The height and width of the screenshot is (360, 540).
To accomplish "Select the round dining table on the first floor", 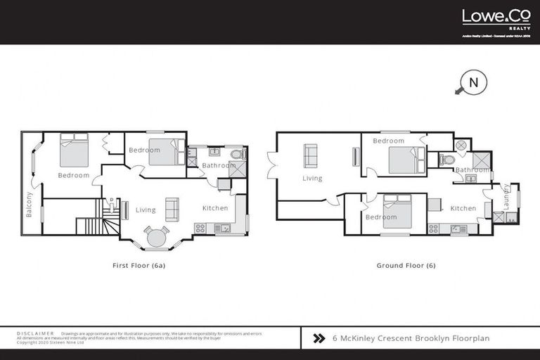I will [156, 238].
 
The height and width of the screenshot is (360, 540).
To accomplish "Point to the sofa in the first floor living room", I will [171, 209].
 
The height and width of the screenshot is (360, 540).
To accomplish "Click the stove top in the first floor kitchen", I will [200, 228].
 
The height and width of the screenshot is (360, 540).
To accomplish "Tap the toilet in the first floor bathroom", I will [237, 153].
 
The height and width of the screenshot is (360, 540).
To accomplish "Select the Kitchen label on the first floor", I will [215, 209].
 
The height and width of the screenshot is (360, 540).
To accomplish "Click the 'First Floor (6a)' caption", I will [139, 266].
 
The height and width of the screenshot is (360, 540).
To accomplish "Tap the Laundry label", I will [506, 198].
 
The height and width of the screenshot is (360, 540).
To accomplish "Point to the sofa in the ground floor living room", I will [310, 154].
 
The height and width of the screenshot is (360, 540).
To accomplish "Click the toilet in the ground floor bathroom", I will [446, 160].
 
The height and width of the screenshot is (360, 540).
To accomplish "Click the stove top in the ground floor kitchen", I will [434, 228].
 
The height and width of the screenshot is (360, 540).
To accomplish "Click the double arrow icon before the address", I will [319, 338].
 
